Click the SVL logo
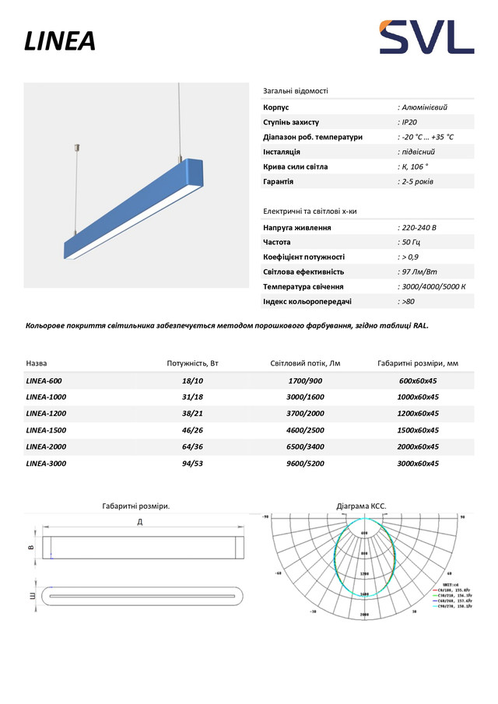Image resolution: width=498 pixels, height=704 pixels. (426, 37)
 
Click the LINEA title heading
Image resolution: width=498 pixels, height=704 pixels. (60, 41)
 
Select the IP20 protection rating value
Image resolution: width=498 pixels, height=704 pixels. (408, 122)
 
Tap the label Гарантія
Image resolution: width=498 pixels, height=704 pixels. (279, 181)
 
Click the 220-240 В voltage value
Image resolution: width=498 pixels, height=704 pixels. (419, 227)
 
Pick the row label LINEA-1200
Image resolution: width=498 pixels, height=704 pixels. (47, 414)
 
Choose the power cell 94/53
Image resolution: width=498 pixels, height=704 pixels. (192, 463)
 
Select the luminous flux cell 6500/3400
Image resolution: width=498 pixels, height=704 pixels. (305, 447)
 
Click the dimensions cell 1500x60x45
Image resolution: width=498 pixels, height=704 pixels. (419, 430)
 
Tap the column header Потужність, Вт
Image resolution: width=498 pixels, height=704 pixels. (193, 363)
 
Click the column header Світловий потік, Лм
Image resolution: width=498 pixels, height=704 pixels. (305, 363)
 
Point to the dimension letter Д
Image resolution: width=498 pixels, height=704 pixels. (140, 521)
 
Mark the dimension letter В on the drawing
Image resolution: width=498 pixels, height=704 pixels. (31, 548)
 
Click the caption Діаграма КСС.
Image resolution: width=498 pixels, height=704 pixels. (361, 506)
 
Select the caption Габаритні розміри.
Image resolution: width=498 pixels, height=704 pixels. (136, 506)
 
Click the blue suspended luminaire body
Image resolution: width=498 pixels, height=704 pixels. (132, 206)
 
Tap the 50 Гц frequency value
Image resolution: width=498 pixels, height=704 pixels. (410, 242)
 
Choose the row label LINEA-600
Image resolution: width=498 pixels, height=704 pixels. (44, 381)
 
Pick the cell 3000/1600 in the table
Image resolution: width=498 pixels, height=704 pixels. (305, 398)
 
